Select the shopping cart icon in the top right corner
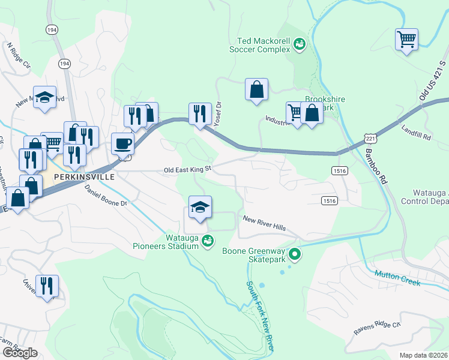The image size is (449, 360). [406, 40]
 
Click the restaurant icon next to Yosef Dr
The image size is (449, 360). [200, 113]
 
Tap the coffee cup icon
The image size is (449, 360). [122, 144]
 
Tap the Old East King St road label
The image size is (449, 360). [188, 170]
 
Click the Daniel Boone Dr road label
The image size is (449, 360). [106, 195]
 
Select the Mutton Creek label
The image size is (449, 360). [397, 277]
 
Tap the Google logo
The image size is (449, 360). [19, 353]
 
